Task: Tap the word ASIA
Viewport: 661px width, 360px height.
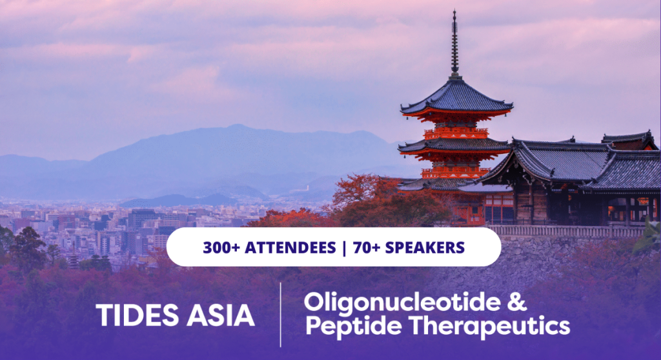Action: click(x=221, y=315)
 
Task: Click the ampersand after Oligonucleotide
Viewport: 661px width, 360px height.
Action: click(x=517, y=302)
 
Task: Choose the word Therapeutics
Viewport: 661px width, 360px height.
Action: click(x=489, y=327)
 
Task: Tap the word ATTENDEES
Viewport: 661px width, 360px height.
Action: click(x=290, y=248)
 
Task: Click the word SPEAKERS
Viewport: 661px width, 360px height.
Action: click(x=425, y=248)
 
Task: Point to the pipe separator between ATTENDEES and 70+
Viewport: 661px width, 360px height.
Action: click(x=345, y=248)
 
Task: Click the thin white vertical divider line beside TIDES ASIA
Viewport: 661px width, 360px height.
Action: click(x=281, y=314)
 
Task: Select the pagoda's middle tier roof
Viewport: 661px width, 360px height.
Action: click(x=454, y=146)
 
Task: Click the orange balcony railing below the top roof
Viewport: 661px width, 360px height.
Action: click(x=456, y=134)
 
